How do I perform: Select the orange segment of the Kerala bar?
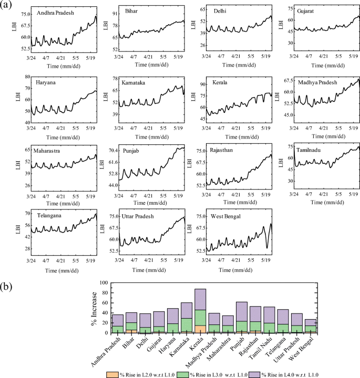click(x=200, y=329)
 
